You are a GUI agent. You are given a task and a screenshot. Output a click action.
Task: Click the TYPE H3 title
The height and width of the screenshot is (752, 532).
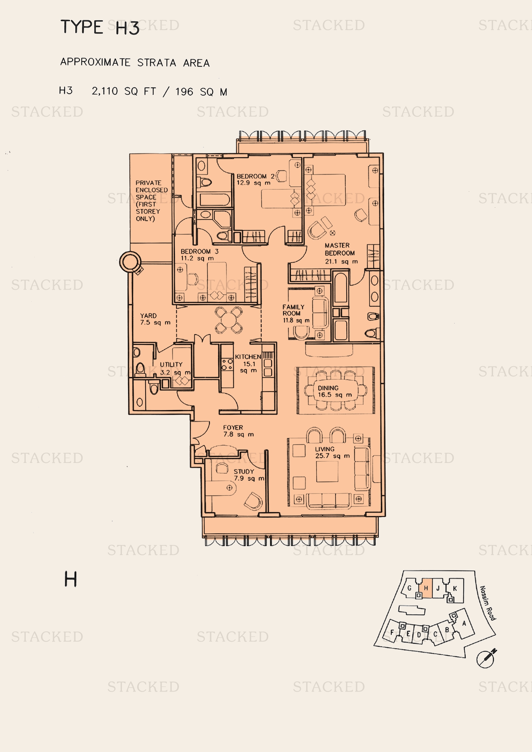tap(100, 27)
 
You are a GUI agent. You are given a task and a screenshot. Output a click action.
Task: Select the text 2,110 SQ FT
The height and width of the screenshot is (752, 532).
tap(124, 91)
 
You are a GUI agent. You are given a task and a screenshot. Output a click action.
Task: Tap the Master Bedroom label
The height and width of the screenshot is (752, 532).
tap(341, 253)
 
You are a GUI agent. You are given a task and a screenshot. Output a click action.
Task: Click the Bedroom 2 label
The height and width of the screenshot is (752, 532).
tap(255, 179)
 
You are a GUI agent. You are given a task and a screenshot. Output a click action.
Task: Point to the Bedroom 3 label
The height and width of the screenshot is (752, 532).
tap(199, 255)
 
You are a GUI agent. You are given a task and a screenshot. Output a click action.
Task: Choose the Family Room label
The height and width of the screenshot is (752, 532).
tap(296, 313)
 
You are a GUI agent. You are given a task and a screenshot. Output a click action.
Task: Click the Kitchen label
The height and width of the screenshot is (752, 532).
tap(248, 364)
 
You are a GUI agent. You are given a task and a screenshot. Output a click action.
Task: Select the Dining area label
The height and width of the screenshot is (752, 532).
tap(335, 391)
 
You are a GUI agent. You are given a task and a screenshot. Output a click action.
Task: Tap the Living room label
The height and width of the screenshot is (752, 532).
tap(332, 453)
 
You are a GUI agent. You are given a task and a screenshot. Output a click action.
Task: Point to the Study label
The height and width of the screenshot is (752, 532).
tap(249, 475)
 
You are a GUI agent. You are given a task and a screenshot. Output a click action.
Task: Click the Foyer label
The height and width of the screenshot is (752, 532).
tap(238, 431)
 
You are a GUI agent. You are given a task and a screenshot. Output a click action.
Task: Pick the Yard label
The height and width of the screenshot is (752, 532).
tap(155, 319)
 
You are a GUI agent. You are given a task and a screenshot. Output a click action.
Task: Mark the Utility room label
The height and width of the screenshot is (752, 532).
tap(175, 368)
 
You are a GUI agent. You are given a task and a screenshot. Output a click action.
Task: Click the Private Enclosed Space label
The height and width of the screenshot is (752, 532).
tap(151, 201)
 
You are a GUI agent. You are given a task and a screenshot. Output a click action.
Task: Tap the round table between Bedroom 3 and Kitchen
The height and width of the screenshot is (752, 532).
tap(228, 320)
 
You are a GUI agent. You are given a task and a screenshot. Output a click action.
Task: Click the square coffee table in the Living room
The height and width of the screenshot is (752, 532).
tap(327, 472)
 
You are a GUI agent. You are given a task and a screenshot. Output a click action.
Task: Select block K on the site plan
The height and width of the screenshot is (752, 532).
tap(455, 588)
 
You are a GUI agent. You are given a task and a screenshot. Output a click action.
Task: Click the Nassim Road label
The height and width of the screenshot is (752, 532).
tap(488, 603)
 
